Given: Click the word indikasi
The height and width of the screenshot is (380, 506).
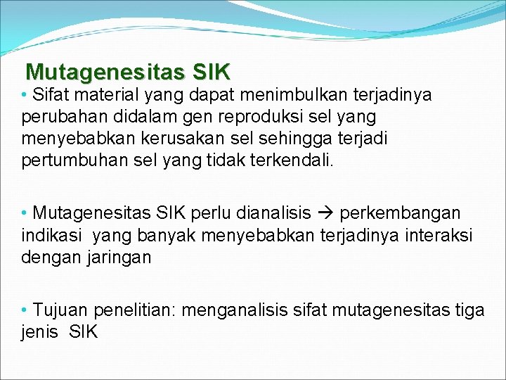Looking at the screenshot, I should pos(50,235).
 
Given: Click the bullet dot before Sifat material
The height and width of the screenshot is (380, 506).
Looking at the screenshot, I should pos(25,94).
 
